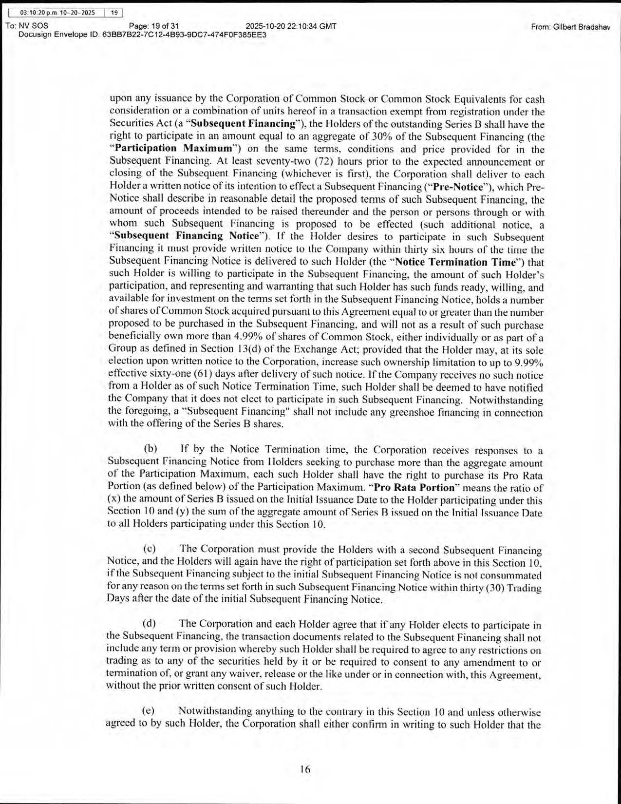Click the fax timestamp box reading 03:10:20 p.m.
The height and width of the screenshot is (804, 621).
click(57, 13)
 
